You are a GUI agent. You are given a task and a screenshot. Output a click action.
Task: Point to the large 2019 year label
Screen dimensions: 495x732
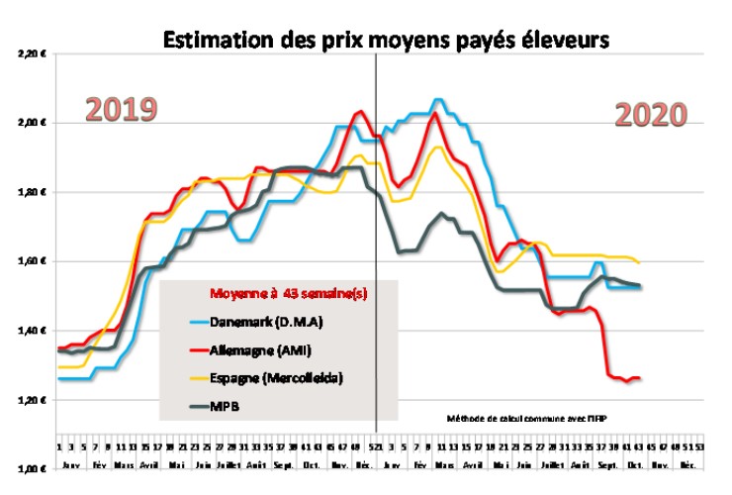(x=121, y=109)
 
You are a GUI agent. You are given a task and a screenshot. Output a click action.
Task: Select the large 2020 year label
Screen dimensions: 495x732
(x=651, y=116)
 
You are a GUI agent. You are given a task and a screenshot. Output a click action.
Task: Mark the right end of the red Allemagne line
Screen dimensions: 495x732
(x=641, y=377)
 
